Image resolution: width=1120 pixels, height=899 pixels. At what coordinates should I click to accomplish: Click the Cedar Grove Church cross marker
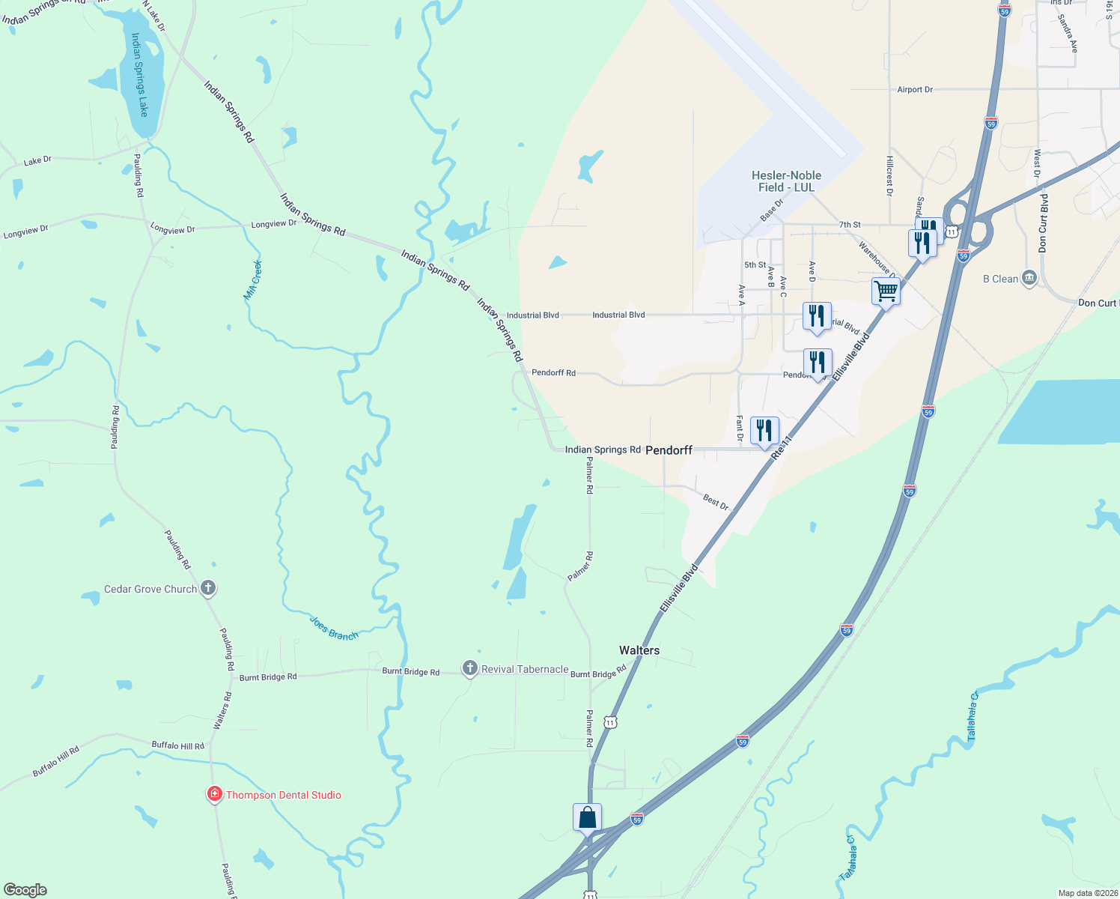[208, 588]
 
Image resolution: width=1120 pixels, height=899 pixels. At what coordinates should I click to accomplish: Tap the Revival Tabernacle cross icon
[469, 668]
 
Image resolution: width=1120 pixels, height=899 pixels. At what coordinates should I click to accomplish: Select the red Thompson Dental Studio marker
[215, 794]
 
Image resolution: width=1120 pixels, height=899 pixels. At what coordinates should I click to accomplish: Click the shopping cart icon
[886, 291]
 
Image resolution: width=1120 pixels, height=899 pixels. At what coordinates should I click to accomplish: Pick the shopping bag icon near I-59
[587, 817]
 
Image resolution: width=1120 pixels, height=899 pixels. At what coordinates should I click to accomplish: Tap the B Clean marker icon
[1029, 279]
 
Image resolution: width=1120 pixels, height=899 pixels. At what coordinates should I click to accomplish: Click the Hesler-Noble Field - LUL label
[786, 181]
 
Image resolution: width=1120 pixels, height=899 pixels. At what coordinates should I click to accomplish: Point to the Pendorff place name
[669, 450]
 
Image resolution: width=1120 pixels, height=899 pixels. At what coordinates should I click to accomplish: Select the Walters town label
[639, 650]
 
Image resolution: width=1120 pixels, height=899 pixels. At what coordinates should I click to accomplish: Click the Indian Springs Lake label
[140, 74]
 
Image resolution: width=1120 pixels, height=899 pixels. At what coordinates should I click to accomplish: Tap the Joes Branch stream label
[334, 628]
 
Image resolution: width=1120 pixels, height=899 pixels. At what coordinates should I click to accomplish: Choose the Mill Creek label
[253, 280]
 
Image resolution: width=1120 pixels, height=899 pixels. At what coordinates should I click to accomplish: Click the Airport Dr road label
[915, 90]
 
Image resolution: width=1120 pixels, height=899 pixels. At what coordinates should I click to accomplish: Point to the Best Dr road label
[716, 502]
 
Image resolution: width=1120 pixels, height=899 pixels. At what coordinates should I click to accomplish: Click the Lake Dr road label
[37, 160]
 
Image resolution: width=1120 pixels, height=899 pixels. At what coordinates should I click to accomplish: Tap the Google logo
[25, 890]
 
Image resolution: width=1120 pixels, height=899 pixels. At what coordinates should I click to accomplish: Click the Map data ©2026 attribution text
[1087, 893]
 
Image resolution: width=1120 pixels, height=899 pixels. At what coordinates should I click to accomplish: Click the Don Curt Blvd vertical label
[1043, 223]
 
